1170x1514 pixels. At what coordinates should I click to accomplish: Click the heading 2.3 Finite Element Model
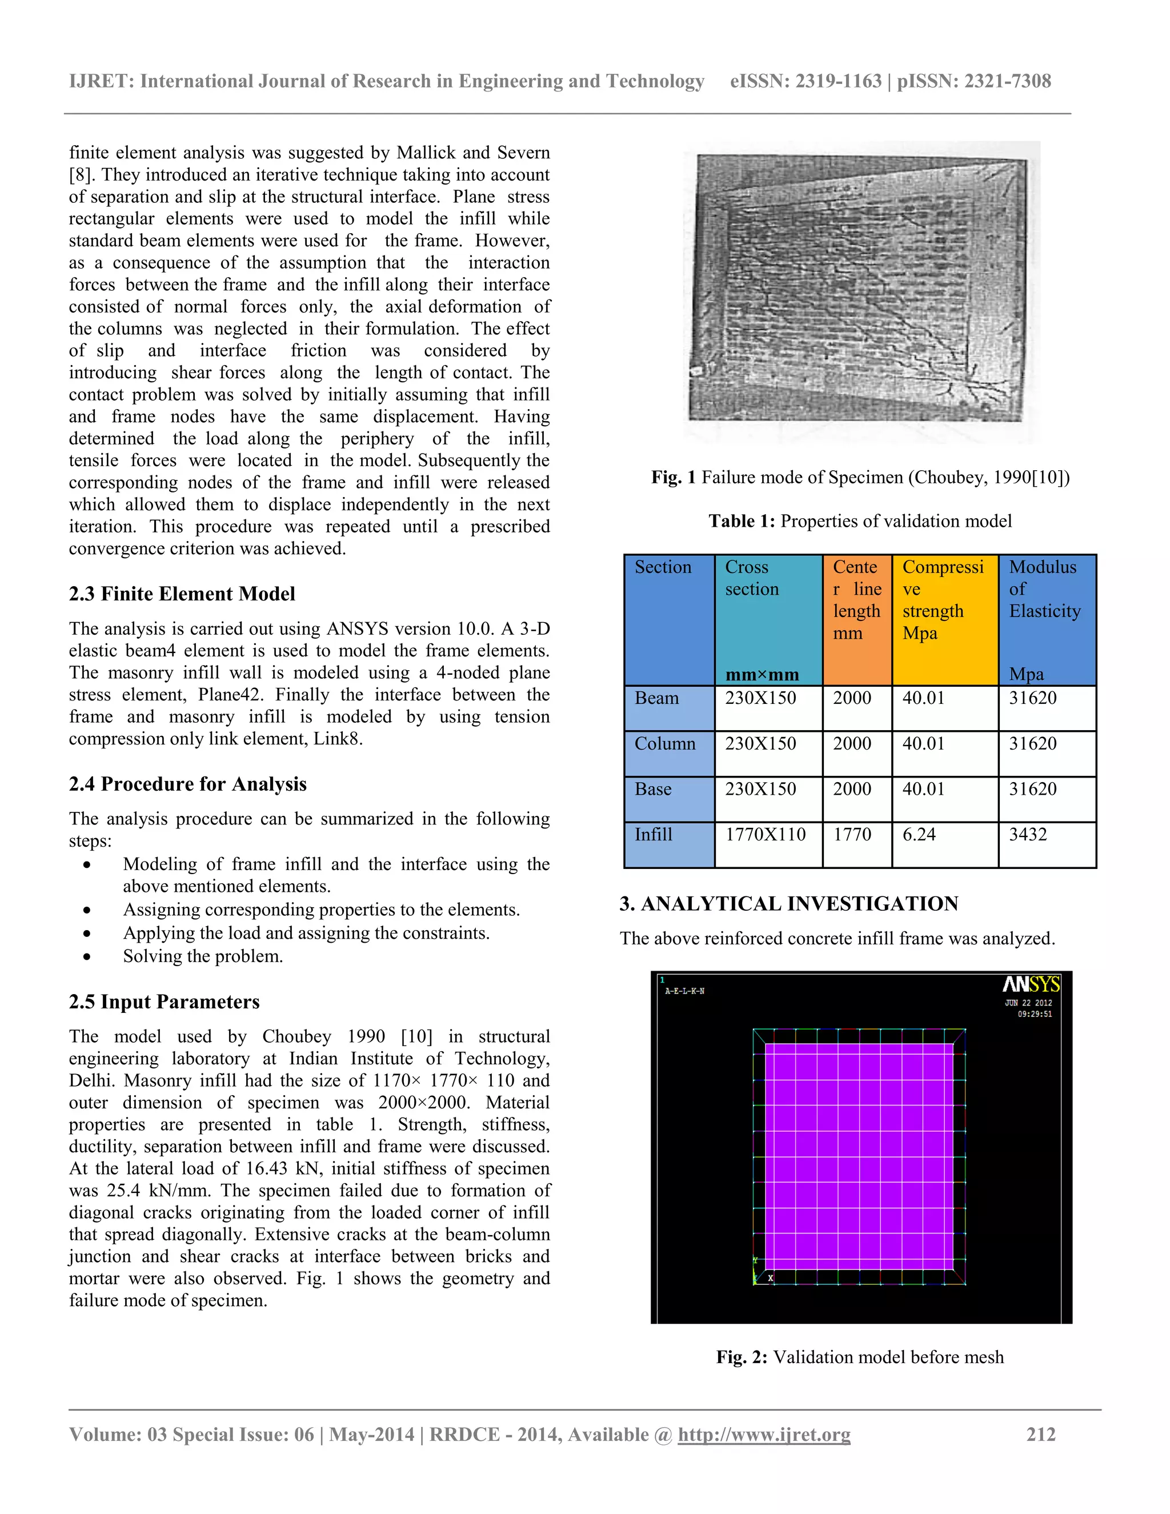point(182,594)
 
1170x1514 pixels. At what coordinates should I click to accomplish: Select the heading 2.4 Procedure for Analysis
point(187,784)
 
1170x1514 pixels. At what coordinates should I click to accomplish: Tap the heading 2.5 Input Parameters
point(165,1002)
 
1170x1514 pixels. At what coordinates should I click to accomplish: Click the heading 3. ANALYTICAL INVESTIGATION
point(789,904)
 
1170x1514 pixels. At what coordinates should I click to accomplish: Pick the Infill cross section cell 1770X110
point(765,835)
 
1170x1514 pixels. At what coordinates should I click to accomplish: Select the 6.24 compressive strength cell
point(919,835)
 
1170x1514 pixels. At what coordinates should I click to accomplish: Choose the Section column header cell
point(663,568)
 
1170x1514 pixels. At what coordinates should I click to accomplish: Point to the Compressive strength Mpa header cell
point(943,600)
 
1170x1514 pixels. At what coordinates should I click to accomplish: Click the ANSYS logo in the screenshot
point(1031,984)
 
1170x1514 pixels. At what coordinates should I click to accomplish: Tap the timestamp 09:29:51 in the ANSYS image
point(1034,1014)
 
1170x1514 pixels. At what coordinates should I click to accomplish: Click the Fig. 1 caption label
point(673,478)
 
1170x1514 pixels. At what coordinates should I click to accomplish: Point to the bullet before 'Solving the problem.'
point(87,956)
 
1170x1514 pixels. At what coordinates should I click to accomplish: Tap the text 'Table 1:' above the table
point(741,521)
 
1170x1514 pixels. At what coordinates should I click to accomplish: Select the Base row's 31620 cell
point(1032,790)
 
